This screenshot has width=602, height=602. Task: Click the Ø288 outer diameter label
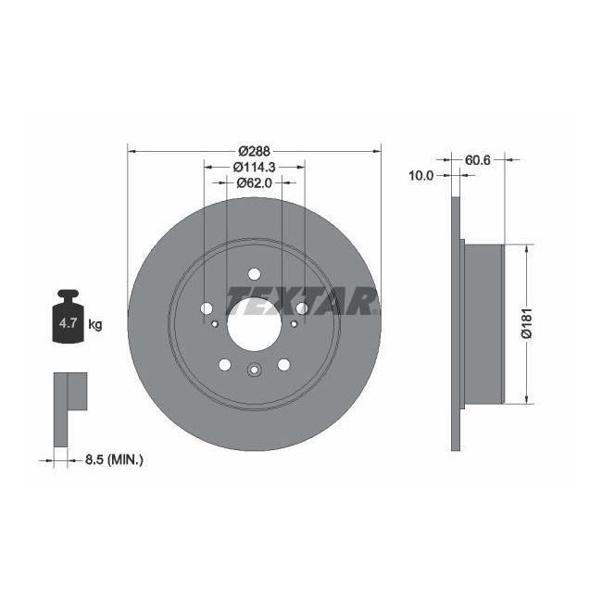coord(253,151)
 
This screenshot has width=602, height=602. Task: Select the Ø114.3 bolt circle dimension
coord(254,167)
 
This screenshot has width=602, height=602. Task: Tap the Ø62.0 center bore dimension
coord(254,182)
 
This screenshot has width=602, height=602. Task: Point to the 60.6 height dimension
coord(477,159)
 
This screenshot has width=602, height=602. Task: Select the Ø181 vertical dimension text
coord(525,323)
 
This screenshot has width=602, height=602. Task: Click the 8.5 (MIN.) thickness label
coord(115,458)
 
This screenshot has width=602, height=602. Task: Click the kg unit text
coord(94,324)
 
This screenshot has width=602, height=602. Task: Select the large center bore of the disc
coord(252,314)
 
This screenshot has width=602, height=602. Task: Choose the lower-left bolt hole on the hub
coord(224,365)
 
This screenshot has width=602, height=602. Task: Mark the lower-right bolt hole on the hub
coord(282,365)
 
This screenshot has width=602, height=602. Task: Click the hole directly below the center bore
coord(253,370)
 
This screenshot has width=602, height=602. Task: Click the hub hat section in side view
coord(482,323)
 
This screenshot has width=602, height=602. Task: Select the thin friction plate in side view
coord(455,323)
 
